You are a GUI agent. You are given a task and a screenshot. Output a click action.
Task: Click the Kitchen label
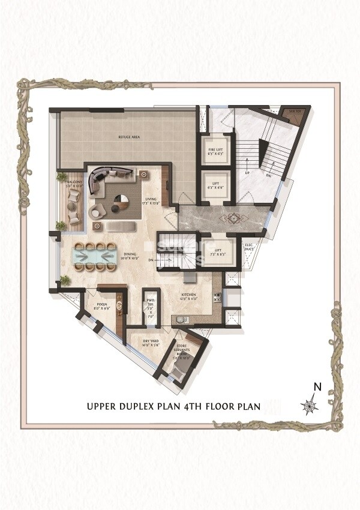point(190,295)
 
